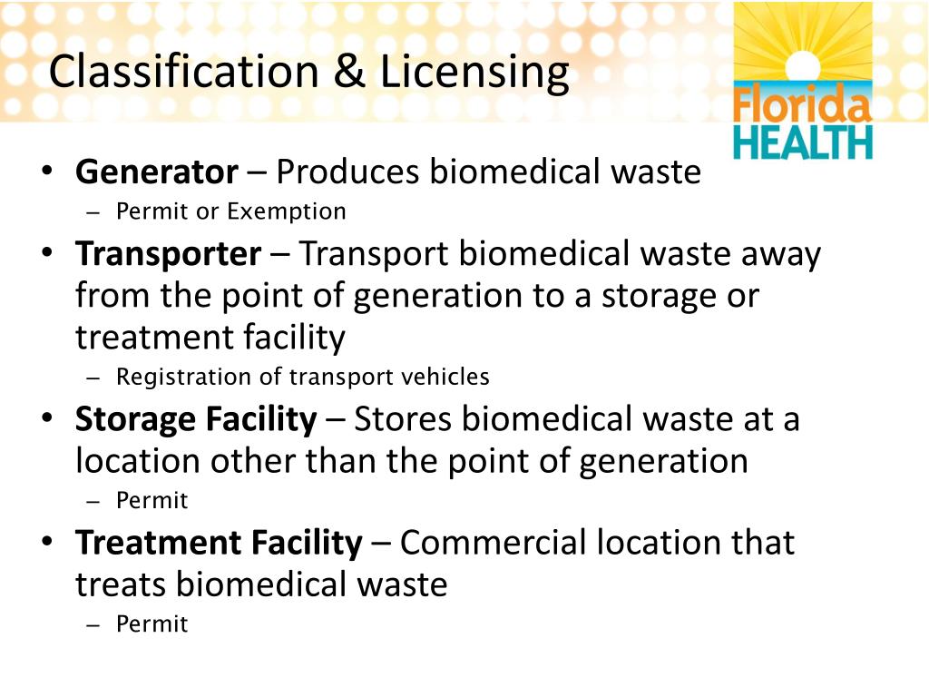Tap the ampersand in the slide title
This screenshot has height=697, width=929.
[x=348, y=73]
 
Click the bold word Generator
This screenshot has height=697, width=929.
[x=157, y=171]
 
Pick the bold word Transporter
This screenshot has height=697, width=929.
[x=169, y=253]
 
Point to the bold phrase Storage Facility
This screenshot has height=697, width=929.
[x=196, y=419]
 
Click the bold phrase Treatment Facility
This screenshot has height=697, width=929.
[x=219, y=543]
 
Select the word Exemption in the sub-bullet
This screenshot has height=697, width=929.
[x=287, y=212]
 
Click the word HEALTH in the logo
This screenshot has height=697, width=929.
[x=802, y=143]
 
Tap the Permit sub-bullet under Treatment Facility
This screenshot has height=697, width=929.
[x=152, y=624]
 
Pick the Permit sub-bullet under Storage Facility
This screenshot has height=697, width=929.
[x=152, y=501]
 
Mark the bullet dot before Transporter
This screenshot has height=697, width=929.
[x=47, y=254]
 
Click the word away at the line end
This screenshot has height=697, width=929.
[x=781, y=253]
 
